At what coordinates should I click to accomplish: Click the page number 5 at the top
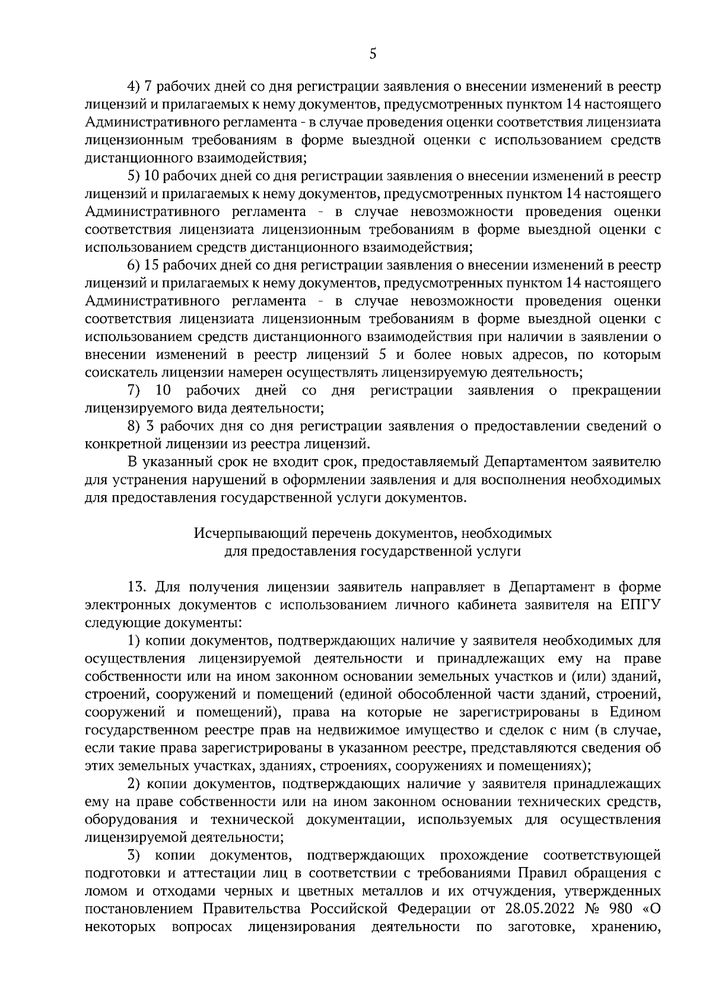point(373,54)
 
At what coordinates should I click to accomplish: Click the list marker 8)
point(134,426)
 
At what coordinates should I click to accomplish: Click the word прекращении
point(617,390)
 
